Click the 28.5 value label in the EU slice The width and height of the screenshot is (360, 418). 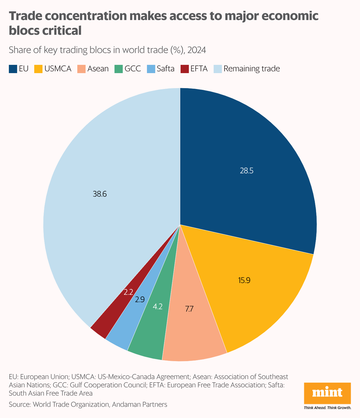point(246,171)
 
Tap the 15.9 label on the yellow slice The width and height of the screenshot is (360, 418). point(244,280)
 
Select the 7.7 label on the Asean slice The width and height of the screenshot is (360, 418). point(189,309)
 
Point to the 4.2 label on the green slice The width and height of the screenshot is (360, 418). point(158,307)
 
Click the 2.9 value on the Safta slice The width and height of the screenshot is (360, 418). point(140,300)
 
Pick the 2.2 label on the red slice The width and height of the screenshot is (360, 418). point(128,292)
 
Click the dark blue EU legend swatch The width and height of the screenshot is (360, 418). point(13,69)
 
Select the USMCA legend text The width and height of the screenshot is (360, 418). point(58,69)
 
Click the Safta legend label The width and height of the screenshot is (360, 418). point(166,69)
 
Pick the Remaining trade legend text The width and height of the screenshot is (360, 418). point(251,69)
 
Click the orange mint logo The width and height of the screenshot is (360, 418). point(327,393)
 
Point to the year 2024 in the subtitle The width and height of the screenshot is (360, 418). point(197,50)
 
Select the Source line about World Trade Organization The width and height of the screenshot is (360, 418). point(88,404)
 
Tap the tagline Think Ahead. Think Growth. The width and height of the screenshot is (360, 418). point(327,408)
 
